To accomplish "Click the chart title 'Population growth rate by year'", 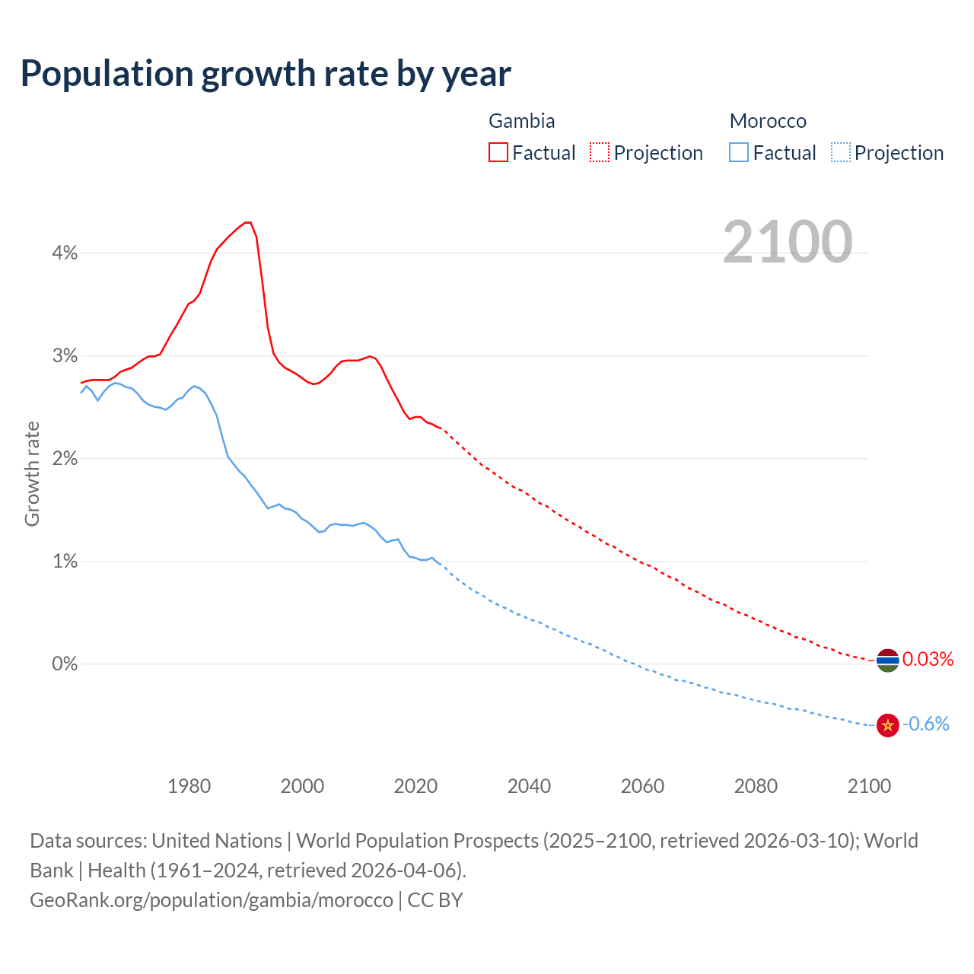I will tap(266, 74).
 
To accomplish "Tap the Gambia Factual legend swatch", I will tap(498, 152).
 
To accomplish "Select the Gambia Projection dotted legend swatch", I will tap(600, 152).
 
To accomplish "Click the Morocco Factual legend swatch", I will tap(739, 152).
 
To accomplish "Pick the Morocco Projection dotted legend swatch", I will tap(840, 152).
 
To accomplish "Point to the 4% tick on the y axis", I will tap(65, 253).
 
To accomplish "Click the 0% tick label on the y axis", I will tap(65, 664).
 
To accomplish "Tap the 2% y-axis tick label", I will tap(65, 459).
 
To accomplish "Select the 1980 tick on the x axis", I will tap(189, 786).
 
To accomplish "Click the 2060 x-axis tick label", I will tap(642, 786).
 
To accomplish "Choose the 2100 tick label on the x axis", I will tap(869, 786).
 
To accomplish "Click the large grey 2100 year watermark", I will tap(788, 242).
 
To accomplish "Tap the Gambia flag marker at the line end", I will tap(887, 660).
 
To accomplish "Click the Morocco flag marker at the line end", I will tap(887, 725).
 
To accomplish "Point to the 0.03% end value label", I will tap(928, 659).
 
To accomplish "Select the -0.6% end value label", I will tap(926, 724).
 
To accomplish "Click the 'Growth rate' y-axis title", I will tap(32, 473).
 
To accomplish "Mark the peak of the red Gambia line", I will tap(248, 222).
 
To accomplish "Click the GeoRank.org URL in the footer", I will tap(212, 899).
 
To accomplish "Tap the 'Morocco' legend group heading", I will tap(768, 121).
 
